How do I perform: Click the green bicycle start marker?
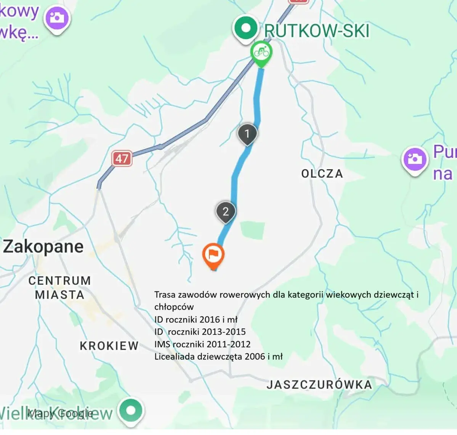261,53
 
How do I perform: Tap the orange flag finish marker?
213,255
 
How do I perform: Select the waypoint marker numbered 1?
247,134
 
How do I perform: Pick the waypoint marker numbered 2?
226,211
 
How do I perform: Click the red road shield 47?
122,158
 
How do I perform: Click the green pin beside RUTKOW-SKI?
246,28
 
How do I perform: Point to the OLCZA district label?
322,174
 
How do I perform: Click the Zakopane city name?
43,247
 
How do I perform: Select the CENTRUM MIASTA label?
59,288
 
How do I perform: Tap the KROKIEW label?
109,346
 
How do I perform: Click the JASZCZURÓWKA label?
319,385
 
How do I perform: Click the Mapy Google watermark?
60,413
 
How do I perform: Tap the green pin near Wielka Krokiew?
131,411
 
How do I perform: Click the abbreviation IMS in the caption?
162,344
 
